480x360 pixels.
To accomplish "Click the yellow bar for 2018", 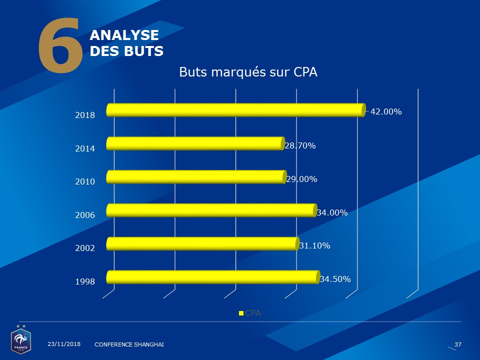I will pyautogui.click(x=235, y=110).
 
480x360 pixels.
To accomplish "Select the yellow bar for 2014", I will pyautogui.click(x=195, y=143).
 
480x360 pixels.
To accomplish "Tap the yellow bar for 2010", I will pyautogui.click(x=196, y=177).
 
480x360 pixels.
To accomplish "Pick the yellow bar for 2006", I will pyautogui.click(x=211, y=210).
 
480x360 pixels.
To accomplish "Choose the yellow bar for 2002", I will pyautogui.click(x=202, y=243).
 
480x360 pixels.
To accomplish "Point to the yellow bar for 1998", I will pyautogui.click(x=212, y=277).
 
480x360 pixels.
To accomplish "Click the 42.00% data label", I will pyautogui.click(x=386, y=112).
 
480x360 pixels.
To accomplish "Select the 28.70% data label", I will pyautogui.click(x=300, y=146).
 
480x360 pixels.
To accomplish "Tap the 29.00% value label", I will pyautogui.click(x=301, y=179).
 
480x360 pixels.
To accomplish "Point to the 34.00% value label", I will pyautogui.click(x=332, y=212).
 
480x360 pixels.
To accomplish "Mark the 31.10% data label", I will pyautogui.click(x=314, y=245).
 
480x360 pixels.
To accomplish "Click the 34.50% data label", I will pyautogui.click(x=334, y=279).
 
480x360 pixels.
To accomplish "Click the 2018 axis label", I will pyautogui.click(x=85, y=115).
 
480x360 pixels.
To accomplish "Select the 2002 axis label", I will pyautogui.click(x=85, y=248).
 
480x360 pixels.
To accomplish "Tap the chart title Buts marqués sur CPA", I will pyautogui.click(x=248, y=72).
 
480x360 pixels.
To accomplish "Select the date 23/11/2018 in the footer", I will pyautogui.click(x=64, y=344).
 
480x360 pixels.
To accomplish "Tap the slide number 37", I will pyautogui.click(x=457, y=344).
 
